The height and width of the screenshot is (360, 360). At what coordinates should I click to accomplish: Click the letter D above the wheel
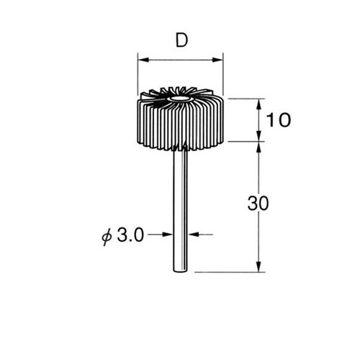pos(181,40)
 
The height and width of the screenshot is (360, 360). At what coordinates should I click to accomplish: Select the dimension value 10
pos(279,120)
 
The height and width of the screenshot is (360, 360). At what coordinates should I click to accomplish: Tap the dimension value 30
pos(258,203)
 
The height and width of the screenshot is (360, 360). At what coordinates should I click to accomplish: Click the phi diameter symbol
pos(107,237)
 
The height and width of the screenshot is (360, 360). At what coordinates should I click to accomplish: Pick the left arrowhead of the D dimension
pos(143,60)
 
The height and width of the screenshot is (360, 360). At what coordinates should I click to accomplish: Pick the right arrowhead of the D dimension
pos(217,60)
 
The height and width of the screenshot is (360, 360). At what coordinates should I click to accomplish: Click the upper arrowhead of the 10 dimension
pos(258,104)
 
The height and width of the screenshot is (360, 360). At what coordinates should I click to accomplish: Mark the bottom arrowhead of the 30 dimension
pos(258,266)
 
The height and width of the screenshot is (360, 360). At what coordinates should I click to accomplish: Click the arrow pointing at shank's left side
pos(168,234)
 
